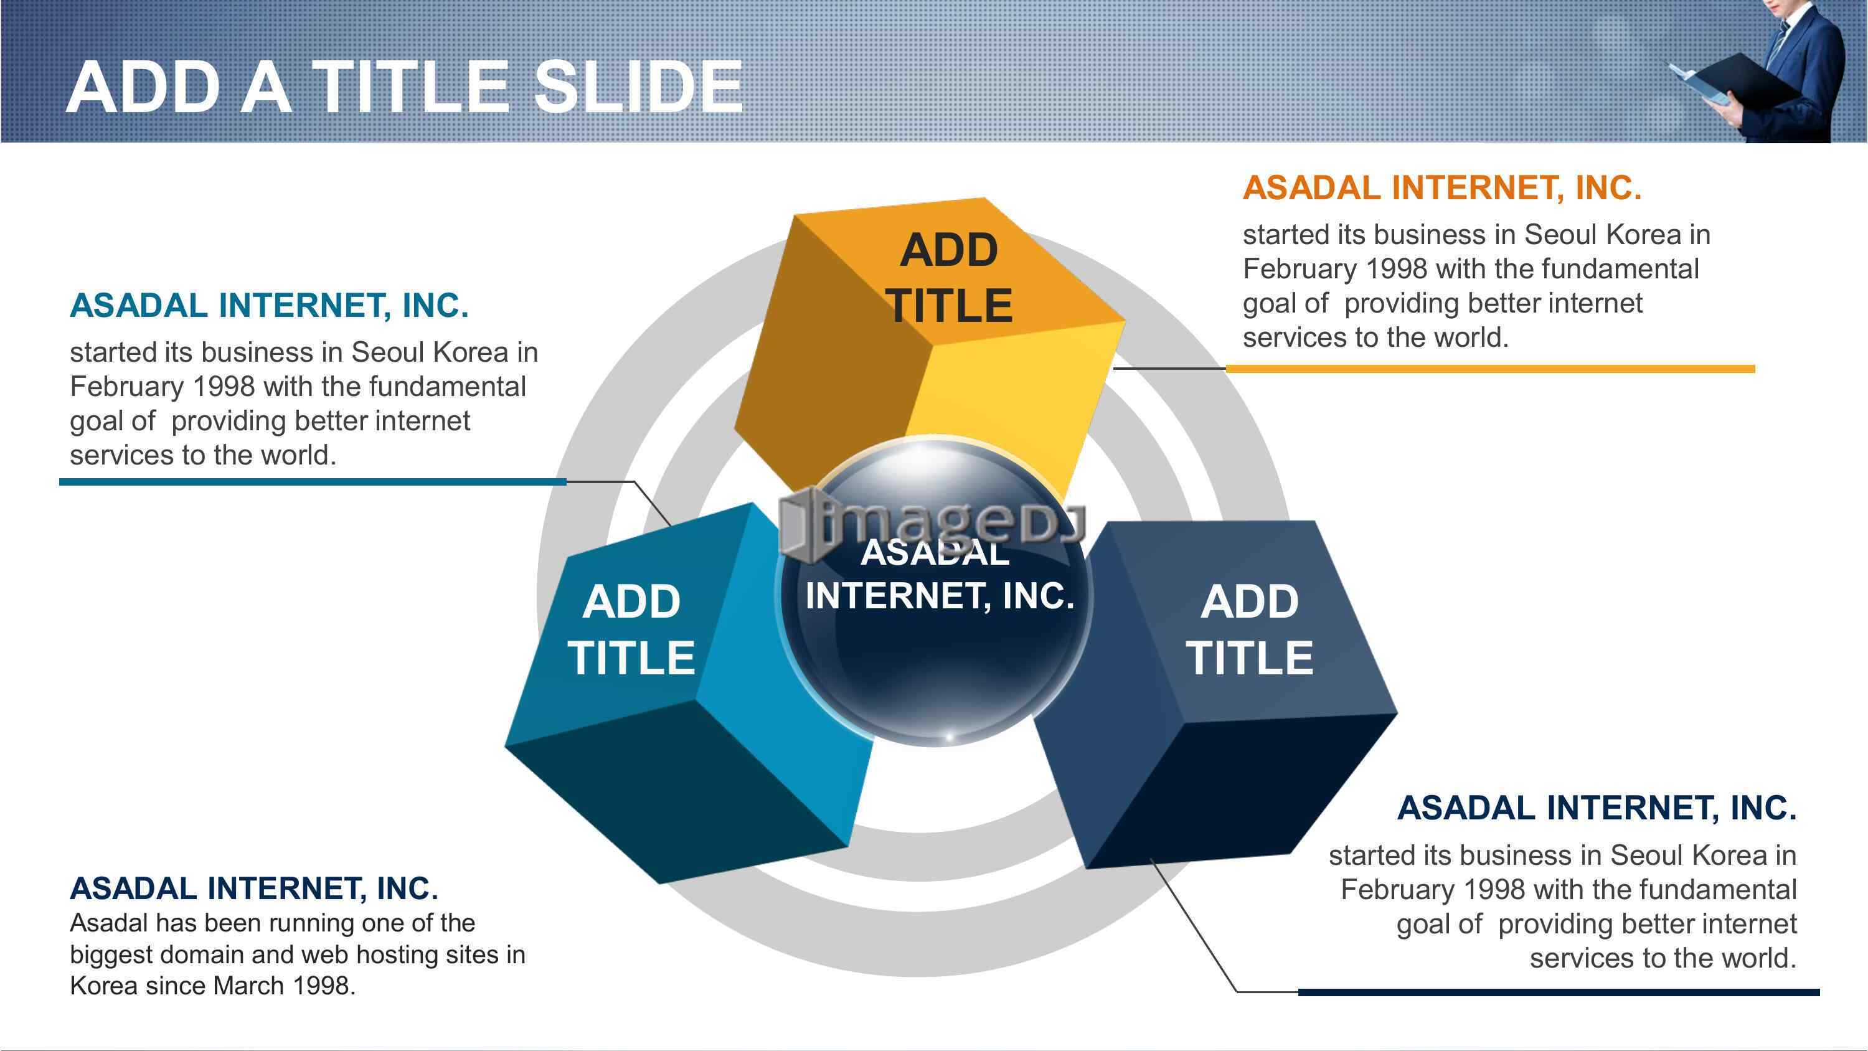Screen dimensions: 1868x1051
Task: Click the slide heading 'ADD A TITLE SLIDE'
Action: pyautogui.click(x=404, y=87)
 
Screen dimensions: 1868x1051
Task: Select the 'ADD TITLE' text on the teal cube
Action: pyautogui.click(x=631, y=629)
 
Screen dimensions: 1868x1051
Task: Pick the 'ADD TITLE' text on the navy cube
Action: pyautogui.click(x=1250, y=629)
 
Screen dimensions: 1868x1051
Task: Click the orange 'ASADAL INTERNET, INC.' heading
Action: pyautogui.click(x=1441, y=188)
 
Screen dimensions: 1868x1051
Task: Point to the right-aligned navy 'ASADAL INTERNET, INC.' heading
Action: pyautogui.click(x=1597, y=808)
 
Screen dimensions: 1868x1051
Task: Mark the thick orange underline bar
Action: pyautogui.click(x=1490, y=369)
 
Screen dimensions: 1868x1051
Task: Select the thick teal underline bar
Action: pyautogui.click(x=313, y=482)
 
